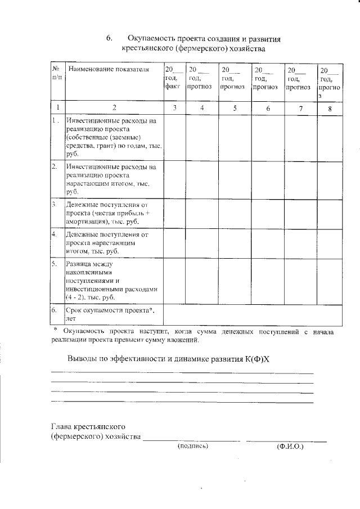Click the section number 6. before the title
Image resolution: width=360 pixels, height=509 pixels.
(109, 39)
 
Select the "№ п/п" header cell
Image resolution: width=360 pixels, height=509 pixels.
(57, 73)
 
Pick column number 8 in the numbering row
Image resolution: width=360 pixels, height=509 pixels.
(329, 108)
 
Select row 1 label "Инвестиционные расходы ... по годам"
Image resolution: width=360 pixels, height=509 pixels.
(114, 137)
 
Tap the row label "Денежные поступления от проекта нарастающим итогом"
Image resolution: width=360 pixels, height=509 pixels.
(107, 242)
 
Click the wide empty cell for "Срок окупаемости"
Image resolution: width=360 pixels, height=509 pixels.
(252, 314)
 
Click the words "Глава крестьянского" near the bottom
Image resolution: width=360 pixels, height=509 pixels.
(87, 427)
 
